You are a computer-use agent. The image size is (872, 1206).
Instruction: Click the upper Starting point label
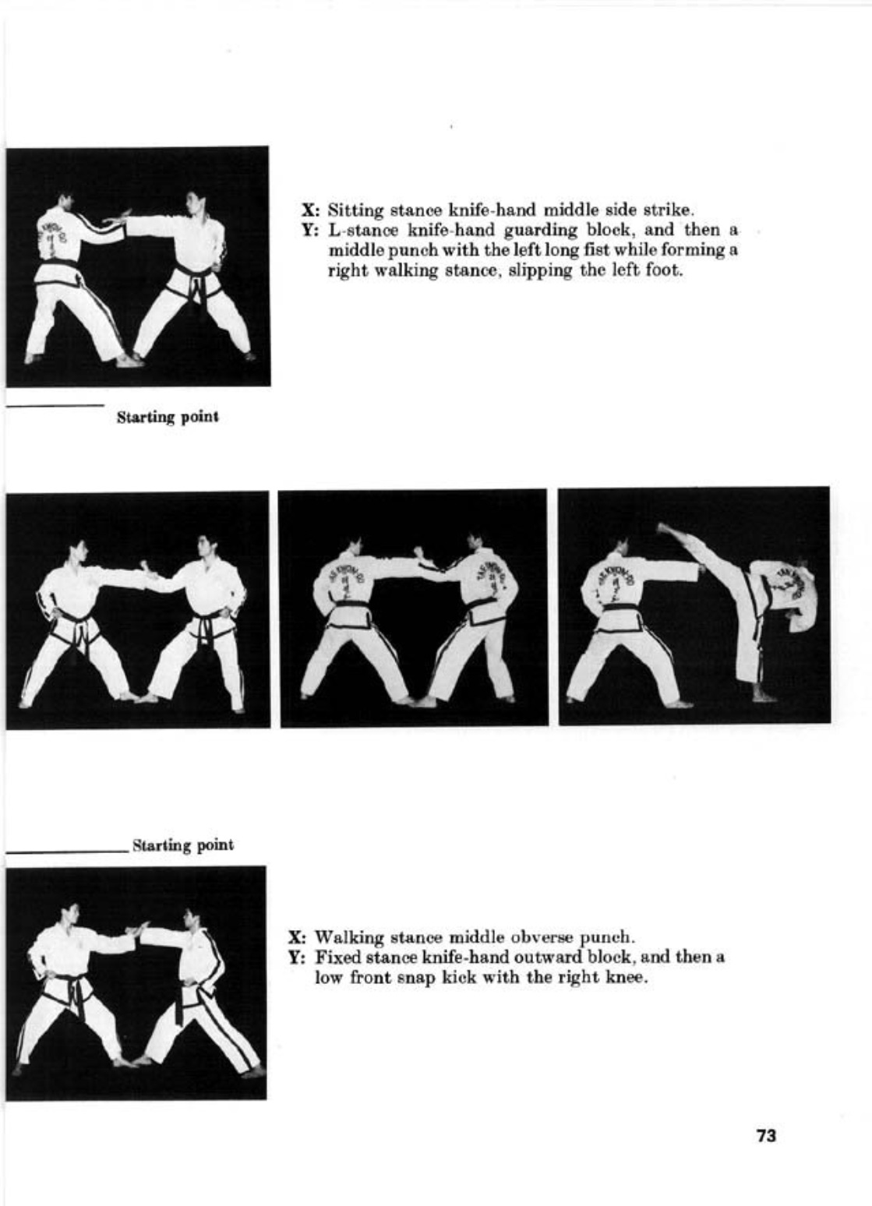168,418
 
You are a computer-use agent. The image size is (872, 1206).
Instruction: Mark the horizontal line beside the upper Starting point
55,404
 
